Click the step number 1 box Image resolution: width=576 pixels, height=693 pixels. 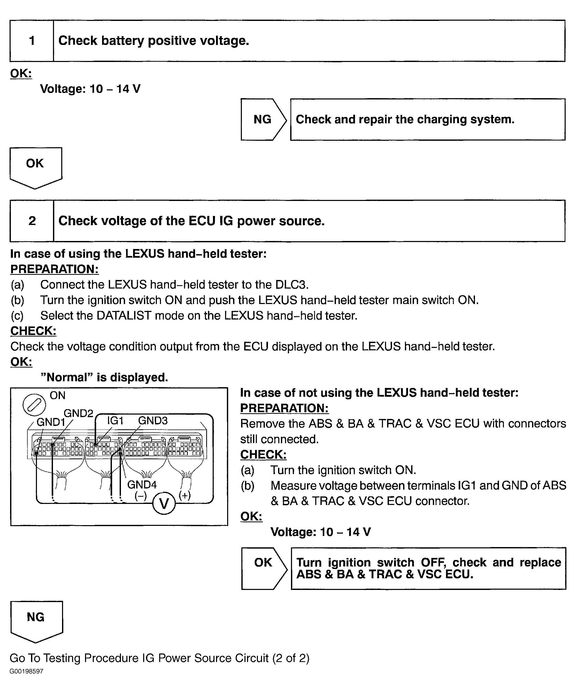tap(32, 41)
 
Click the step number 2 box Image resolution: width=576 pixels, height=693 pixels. tap(32, 221)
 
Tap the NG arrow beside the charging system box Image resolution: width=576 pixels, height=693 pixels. tap(263, 119)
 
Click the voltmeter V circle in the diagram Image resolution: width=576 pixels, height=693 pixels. tap(164, 503)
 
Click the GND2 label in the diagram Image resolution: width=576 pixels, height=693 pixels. tap(78, 413)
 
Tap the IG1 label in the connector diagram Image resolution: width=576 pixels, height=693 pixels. tap(115, 421)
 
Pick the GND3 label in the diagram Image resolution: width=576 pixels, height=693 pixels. tap(152, 421)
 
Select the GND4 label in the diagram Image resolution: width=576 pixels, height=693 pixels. tap(142, 485)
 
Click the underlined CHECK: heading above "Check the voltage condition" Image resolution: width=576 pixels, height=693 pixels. tap(33, 331)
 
